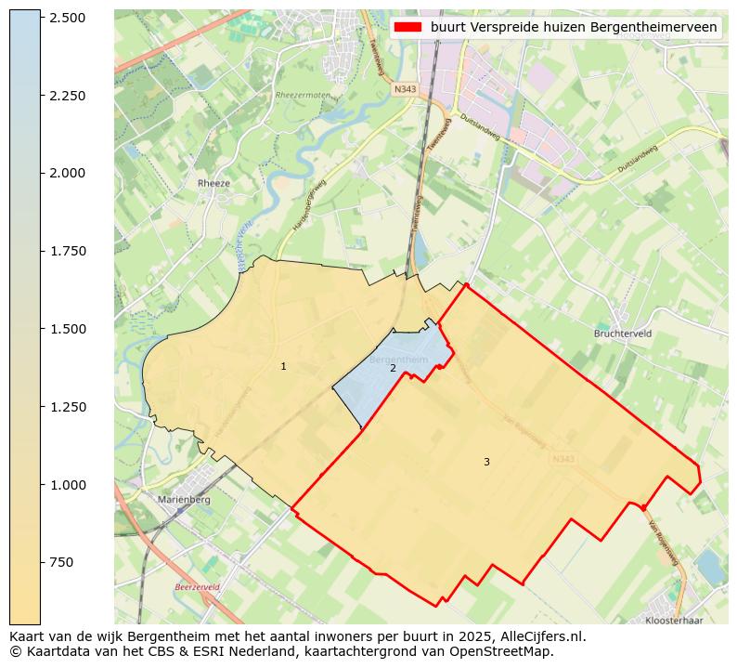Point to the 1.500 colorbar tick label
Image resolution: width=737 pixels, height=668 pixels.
pyautogui.click(x=68, y=329)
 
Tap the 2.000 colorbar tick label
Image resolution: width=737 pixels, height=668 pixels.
pyautogui.click(x=68, y=173)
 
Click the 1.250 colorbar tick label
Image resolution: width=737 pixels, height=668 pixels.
pyautogui.click(x=68, y=407)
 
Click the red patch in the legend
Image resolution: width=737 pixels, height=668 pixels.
pyautogui.click(x=407, y=28)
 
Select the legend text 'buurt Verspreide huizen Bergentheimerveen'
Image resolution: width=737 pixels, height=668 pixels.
pyautogui.click(x=573, y=28)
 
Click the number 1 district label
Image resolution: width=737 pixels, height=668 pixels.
pyautogui.click(x=283, y=367)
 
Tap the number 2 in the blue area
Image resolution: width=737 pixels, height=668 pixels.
pyautogui.click(x=393, y=369)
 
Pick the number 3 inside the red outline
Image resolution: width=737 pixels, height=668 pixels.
pyautogui.click(x=485, y=462)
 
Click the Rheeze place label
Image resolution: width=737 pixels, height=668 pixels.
pyautogui.click(x=213, y=184)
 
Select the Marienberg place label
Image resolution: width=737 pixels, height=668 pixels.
pyautogui.click(x=185, y=500)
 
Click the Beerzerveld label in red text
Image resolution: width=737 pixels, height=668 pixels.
pyautogui.click(x=197, y=588)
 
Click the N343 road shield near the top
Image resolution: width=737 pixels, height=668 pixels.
pyautogui.click(x=404, y=89)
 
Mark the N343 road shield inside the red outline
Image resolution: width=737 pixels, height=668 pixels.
pyautogui.click(x=562, y=459)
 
